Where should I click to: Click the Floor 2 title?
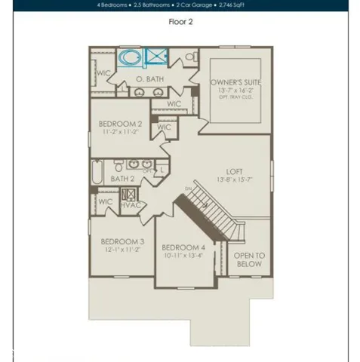tap(180, 22)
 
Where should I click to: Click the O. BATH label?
tap(150, 78)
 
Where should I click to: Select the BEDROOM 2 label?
tap(120, 123)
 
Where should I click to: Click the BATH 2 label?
tap(122, 179)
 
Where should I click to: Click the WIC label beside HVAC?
tap(106, 202)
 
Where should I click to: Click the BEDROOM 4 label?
tap(183, 247)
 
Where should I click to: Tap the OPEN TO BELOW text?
tap(248, 260)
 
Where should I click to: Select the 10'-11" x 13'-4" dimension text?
tap(183, 256)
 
